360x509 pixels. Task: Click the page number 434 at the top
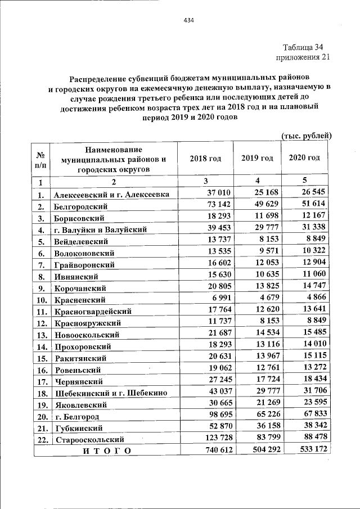pos(188,21)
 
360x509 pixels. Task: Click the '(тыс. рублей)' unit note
pos(307,136)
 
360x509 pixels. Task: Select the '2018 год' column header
pos(205,159)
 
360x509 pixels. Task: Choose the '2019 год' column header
pos(257,159)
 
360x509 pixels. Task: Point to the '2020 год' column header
pos(304,158)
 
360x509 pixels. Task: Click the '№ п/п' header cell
pos(40,159)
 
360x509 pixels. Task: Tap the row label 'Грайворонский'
pos(84,264)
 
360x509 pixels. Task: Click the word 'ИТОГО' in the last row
pos(106,451)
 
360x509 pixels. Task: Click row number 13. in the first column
pos(41,335)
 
